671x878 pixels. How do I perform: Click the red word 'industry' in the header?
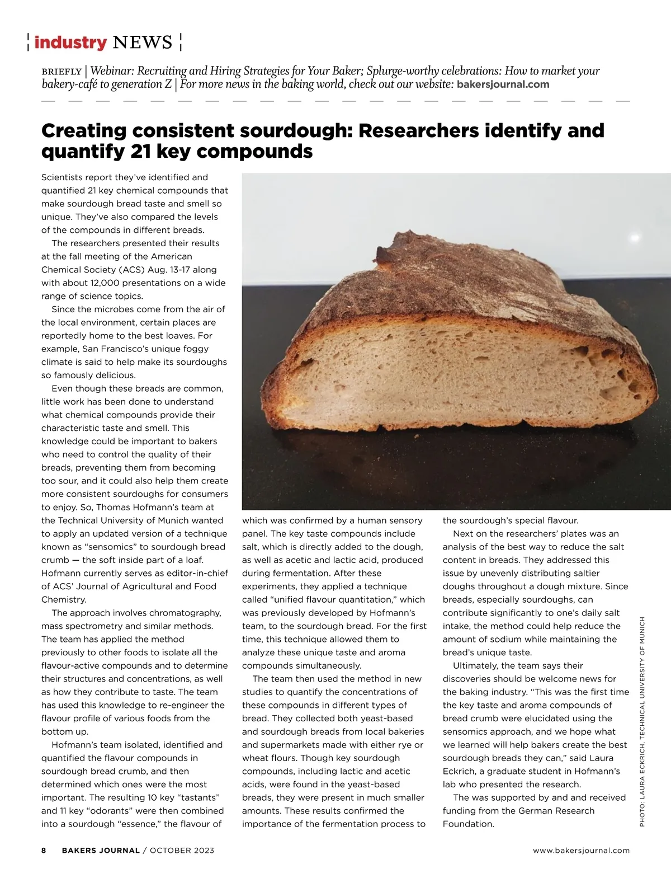70,43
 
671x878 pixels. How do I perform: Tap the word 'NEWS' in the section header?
142,43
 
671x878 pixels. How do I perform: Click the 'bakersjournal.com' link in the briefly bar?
503,84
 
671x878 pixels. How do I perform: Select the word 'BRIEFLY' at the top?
62,72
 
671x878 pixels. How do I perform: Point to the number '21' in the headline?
140,151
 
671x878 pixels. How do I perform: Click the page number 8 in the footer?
44,850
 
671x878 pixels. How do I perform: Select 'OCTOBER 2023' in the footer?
182,850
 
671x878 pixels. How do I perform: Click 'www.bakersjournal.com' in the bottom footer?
581,850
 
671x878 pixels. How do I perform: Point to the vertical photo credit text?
642,722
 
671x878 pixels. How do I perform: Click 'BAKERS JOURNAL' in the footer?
101,850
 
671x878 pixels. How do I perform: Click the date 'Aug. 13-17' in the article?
168,270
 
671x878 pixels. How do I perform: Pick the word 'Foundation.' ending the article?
468,824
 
